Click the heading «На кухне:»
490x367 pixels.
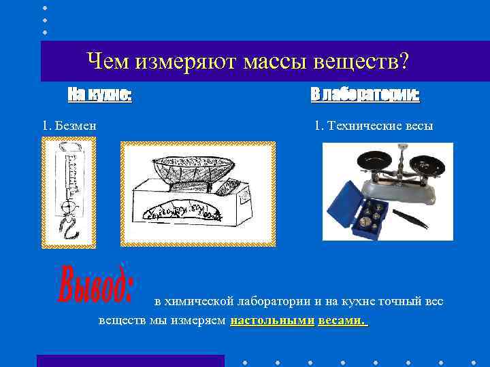[99, 94]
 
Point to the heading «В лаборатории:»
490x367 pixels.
[365, 94]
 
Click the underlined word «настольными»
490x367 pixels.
[272, 320]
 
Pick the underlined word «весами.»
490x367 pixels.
[343, 320]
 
